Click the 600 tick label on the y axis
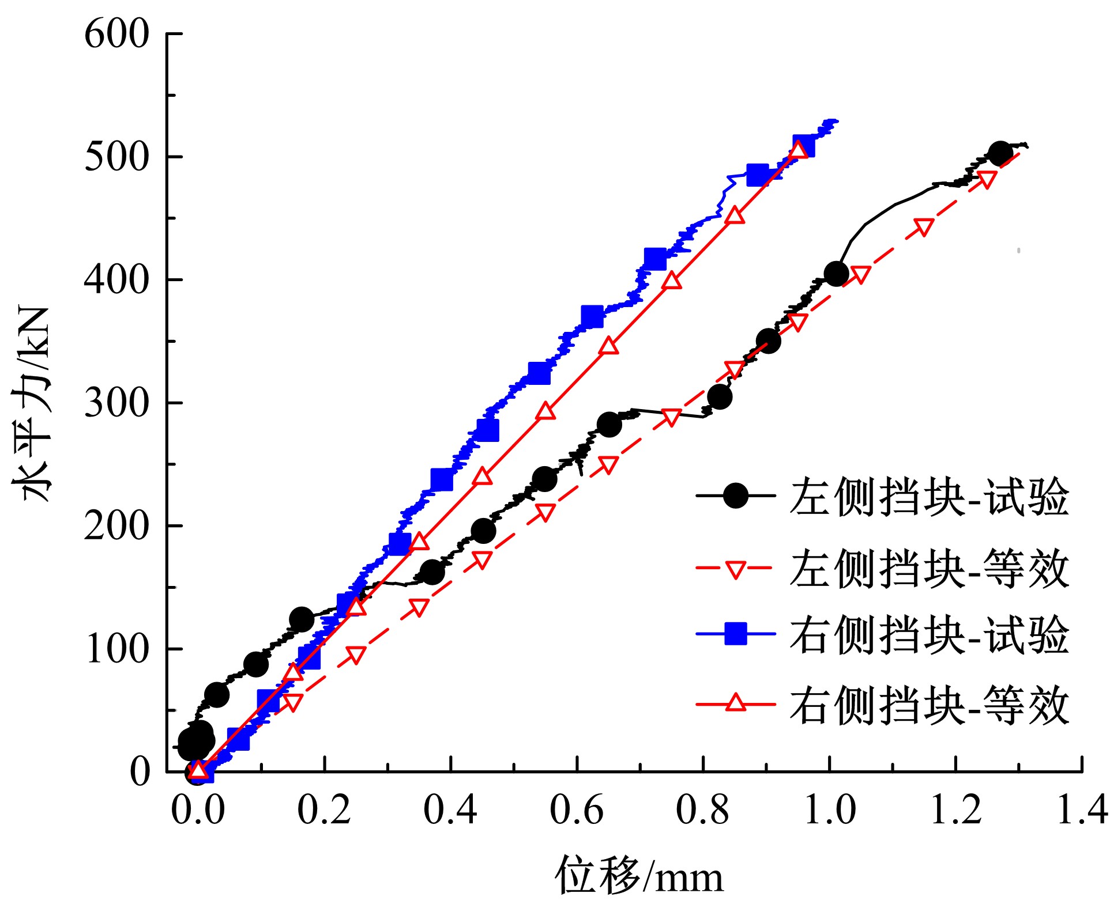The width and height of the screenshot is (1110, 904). coord(117,34)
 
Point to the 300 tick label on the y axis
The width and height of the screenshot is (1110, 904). coord(117,403)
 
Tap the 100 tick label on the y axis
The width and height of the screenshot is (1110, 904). coord(117,649)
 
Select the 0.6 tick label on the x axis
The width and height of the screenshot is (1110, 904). coord(577,810)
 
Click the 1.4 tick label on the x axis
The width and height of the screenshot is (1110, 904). coord(1082,810)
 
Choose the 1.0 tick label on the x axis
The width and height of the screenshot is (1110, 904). coord(829,810)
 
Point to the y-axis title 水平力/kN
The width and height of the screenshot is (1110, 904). coord(32,403)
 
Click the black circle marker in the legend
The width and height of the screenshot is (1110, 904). coord(735,496)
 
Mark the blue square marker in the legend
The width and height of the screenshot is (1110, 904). coord(735,633)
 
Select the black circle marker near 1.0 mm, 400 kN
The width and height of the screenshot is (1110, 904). coord(836,274)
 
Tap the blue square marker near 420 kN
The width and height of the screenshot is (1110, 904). coord(655,260)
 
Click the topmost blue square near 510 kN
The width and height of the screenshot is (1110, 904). coord(803,146)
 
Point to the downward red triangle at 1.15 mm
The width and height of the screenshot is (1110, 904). coord(924,228)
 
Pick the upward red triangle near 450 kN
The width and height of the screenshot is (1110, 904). coord(735,215)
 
